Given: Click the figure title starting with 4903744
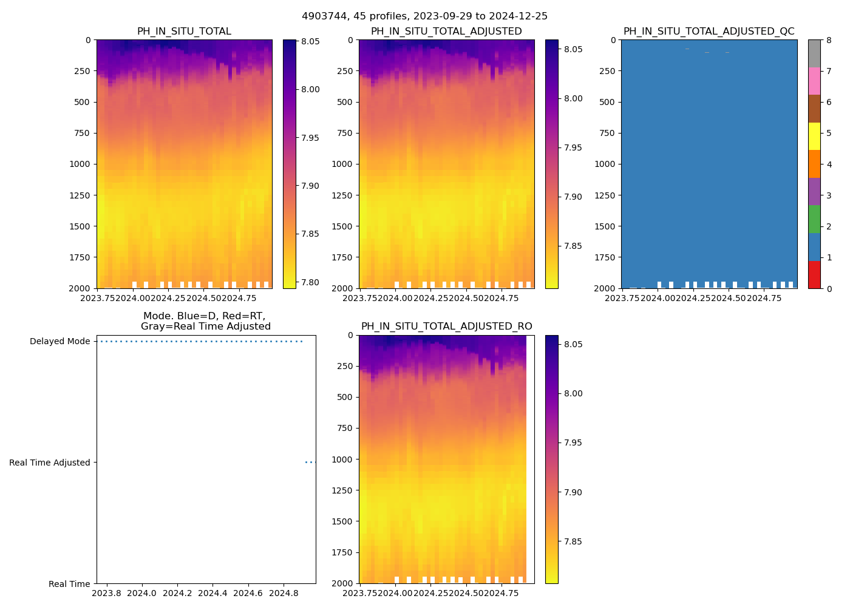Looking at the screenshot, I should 424,16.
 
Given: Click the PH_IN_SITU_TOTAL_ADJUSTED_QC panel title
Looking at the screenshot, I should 709,32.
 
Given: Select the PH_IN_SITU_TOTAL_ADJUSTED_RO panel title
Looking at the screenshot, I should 446,327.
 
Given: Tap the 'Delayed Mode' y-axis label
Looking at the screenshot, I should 59,341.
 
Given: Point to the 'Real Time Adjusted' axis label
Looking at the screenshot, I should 50,463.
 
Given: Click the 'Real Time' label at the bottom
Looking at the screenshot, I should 69,584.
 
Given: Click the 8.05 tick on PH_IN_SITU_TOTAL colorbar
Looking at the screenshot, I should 310,41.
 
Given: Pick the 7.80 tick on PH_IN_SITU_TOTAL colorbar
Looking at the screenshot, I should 310,282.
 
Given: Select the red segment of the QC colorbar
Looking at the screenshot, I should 814,274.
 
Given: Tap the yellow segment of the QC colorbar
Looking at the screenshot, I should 814,136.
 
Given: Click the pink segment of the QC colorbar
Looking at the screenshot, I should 814,81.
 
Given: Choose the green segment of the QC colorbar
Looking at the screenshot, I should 814,219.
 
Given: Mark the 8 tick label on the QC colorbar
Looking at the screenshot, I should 829,40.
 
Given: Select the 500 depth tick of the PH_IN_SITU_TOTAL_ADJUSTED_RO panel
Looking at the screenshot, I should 344,397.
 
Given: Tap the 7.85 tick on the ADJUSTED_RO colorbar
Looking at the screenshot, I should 572,541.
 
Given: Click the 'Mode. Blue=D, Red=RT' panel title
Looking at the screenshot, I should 205,321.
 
